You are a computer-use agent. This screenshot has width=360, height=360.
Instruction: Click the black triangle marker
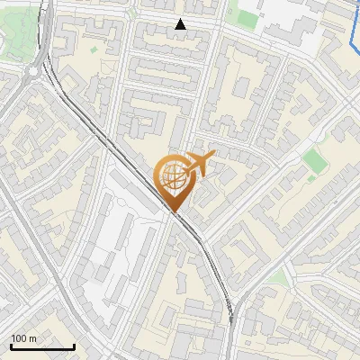pos(181,24)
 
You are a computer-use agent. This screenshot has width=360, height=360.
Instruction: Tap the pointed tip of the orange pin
pos(173,212)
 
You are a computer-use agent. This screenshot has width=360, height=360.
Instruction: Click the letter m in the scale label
pos(33,338)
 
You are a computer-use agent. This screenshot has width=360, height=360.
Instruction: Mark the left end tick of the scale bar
pos(12,346)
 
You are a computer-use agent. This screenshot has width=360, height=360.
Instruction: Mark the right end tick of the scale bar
pos(74,346)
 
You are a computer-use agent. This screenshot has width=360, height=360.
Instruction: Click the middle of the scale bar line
pos(42,347)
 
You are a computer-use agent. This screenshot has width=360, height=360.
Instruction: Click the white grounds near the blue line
pos(297,22)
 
